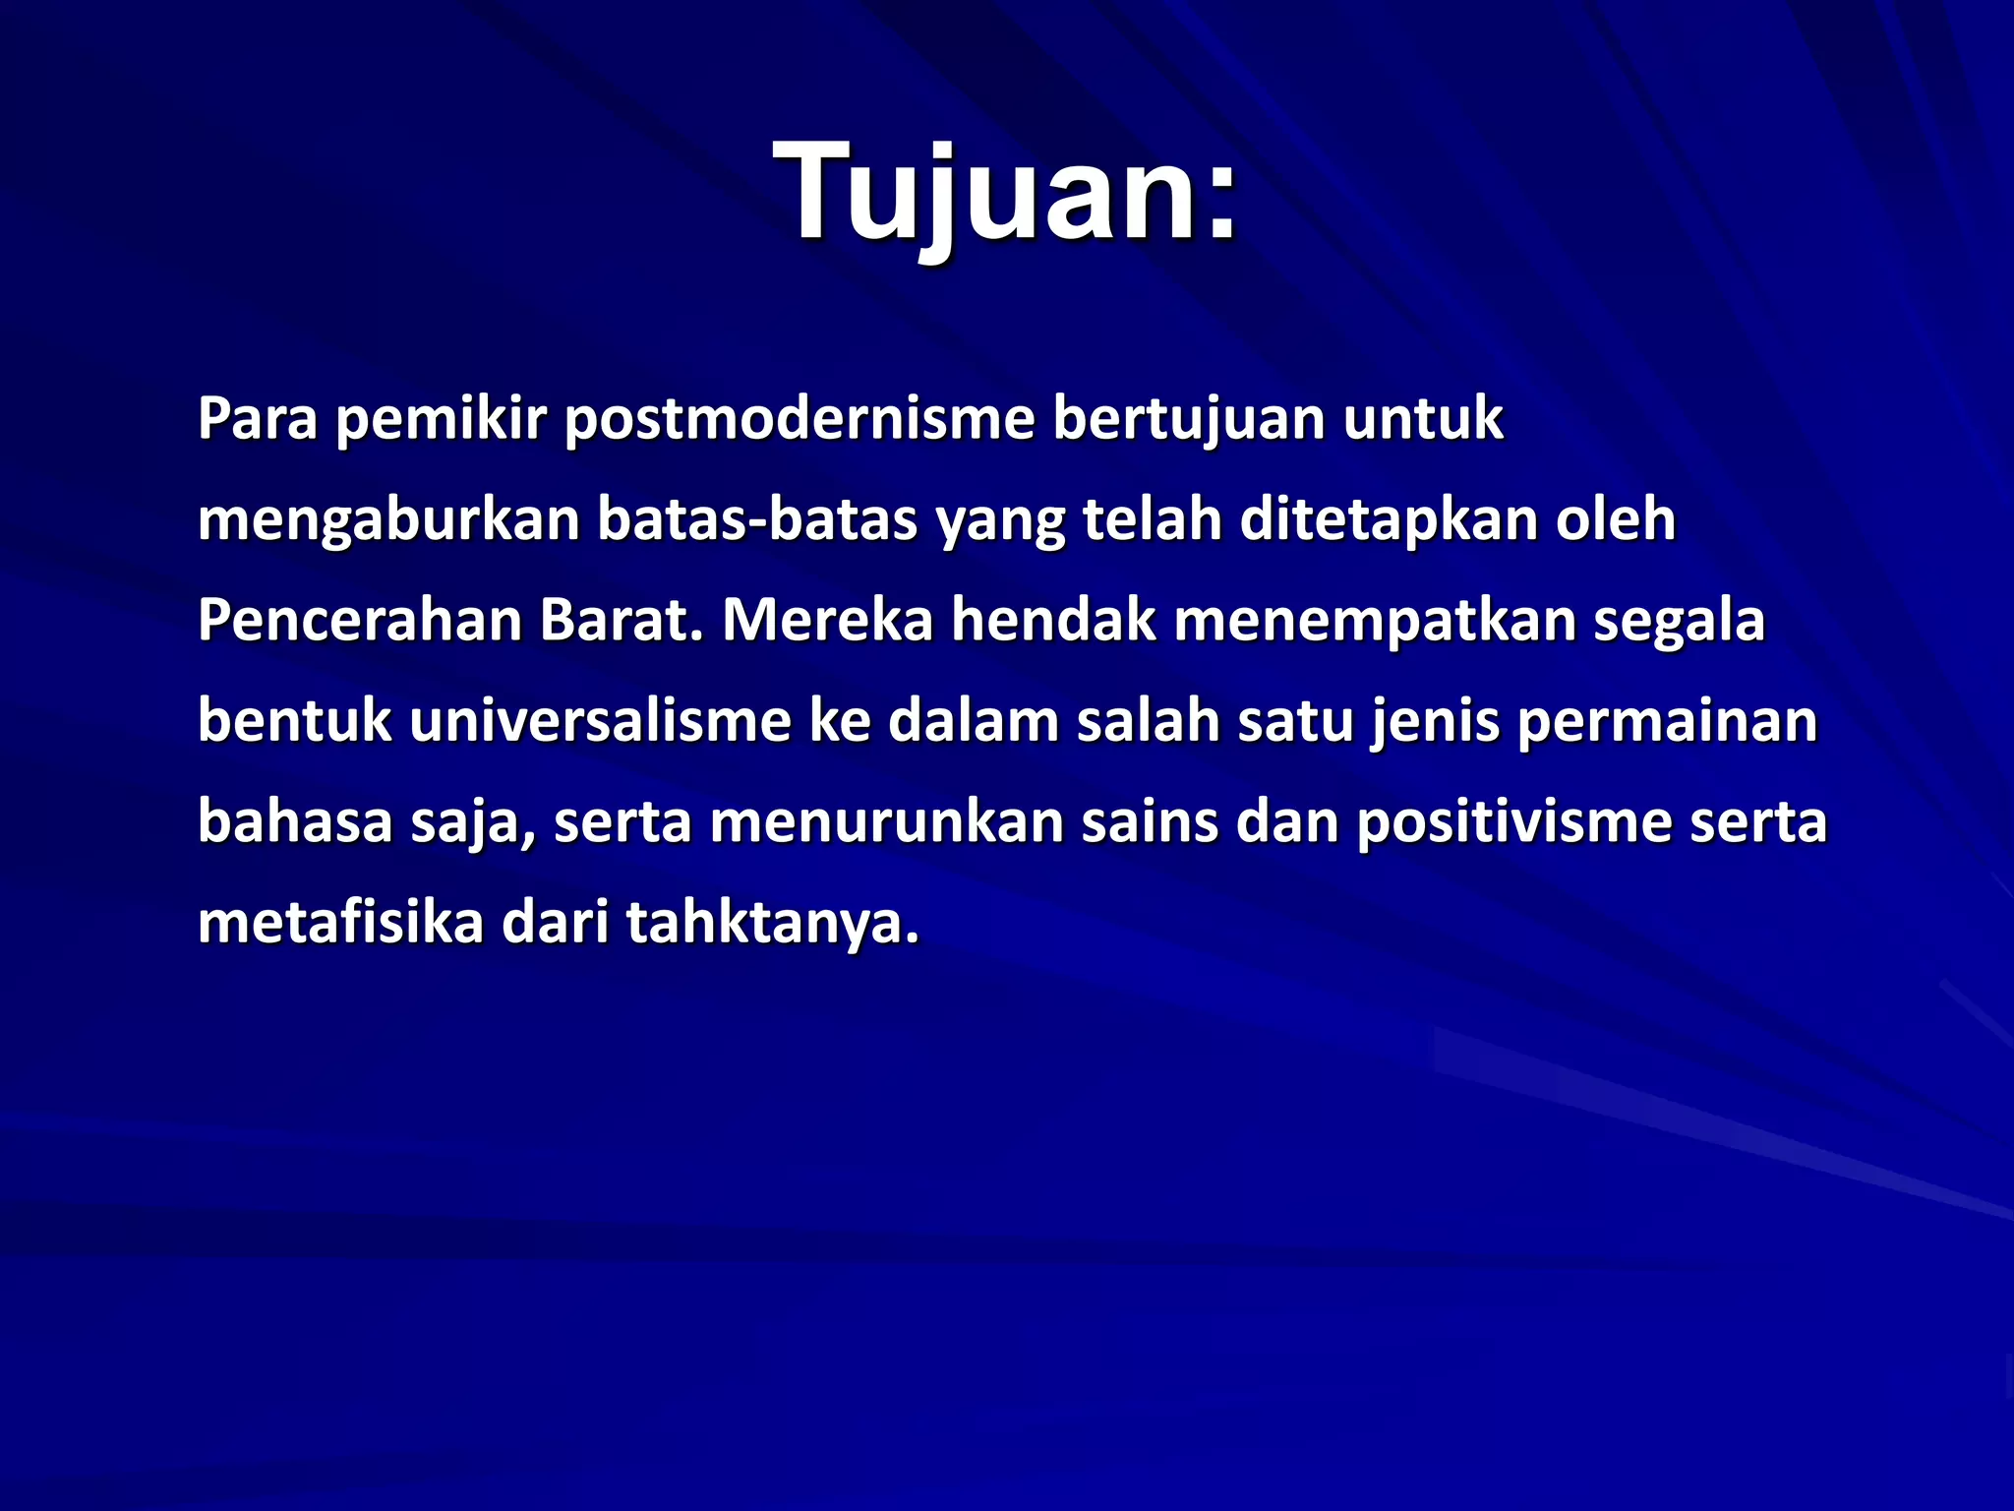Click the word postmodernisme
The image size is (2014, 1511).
coord(800,419)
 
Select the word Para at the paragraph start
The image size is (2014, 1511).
coord(258,419)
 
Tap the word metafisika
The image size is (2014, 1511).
coord(340,924)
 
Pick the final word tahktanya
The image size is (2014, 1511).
coord(772,924)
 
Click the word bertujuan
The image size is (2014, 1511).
coord(1189,419)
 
